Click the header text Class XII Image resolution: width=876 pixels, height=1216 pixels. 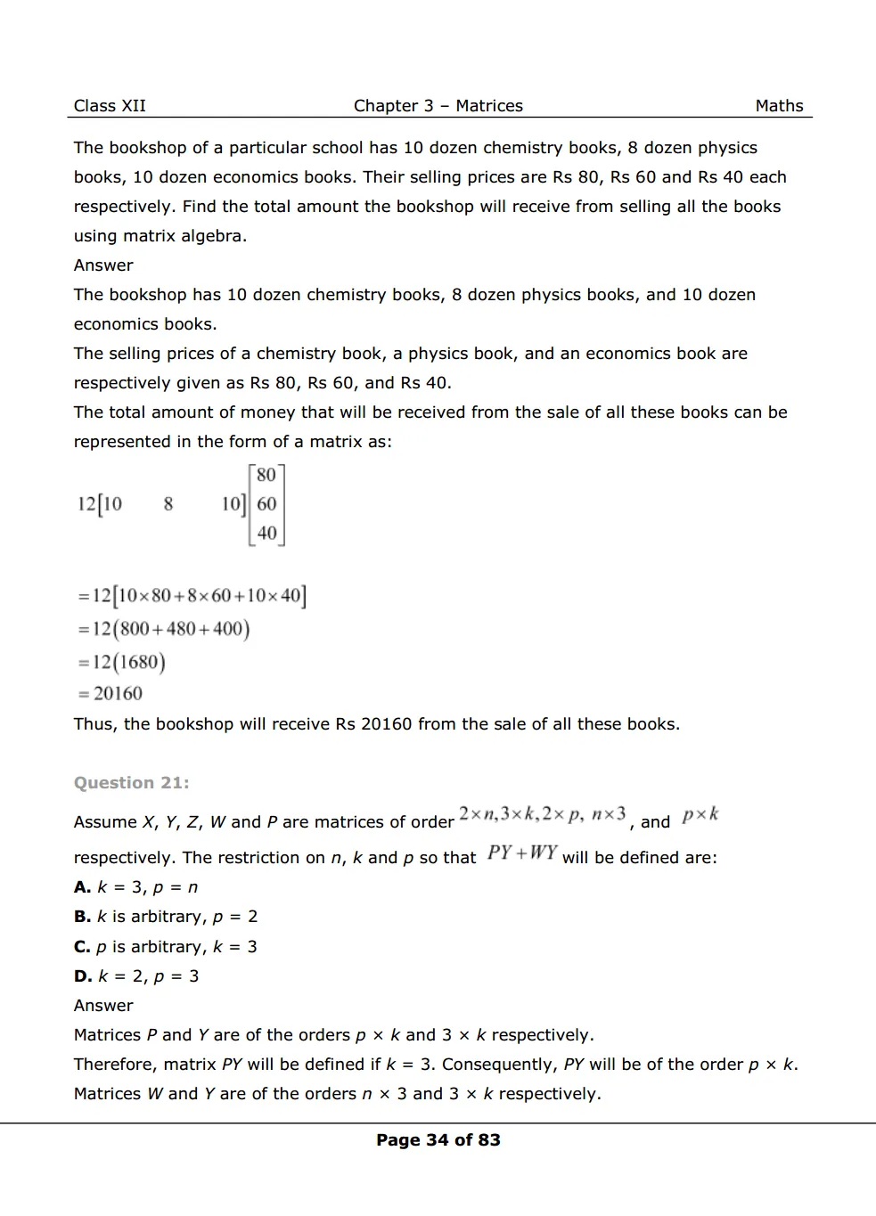(110, 106)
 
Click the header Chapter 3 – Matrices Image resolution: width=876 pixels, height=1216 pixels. (438, 106)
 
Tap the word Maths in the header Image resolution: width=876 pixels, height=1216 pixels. (779, 106)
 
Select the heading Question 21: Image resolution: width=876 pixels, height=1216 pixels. (131, 783)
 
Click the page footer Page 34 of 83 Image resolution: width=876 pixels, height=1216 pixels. (438, 1140)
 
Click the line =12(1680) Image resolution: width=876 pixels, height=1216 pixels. (121, 662)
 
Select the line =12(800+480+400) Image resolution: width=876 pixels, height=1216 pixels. (163, 629)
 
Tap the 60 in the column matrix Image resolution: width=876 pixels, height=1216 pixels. (266, 504)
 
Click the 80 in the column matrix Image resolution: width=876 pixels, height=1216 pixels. (266, 475)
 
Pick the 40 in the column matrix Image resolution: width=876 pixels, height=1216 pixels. (266, 534)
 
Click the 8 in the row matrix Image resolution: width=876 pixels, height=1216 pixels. (168, 504)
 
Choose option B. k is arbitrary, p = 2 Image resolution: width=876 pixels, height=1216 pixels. (166, 917)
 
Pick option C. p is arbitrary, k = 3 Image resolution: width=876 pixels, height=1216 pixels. (166, 947)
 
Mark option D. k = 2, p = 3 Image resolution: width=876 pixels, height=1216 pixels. (136, 976)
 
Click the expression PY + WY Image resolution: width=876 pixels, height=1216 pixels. (522, 853)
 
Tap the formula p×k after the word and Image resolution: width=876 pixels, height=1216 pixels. (700, 815)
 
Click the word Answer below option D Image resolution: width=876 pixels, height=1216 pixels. (103, 1006)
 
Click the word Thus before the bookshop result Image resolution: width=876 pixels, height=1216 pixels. (94, 724)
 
